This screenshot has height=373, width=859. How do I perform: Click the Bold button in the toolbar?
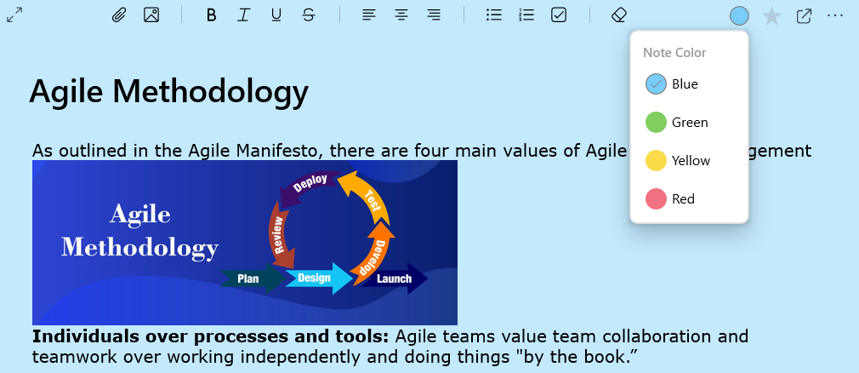(x=212, y=15)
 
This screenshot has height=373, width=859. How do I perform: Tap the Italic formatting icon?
(x=243, y=15)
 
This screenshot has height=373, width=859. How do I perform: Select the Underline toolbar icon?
(x=276, y=15)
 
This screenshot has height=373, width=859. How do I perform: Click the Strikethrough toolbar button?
(x=309, y=15)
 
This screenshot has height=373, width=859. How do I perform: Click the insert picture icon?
(x=151, y=15)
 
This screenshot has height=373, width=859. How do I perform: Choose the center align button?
(x=401, y=15)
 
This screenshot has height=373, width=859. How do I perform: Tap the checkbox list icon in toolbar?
(x=558, y=15)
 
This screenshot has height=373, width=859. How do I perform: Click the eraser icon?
(x=618, y=15)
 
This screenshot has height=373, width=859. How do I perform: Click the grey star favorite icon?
(x=771, y=16)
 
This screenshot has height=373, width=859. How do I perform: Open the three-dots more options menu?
(x=835, y=15)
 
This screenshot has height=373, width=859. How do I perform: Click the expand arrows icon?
(x=14, y=15)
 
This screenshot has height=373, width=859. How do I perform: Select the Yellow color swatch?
(x=656, y=161)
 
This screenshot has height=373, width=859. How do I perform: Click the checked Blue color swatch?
(x=656, y=84)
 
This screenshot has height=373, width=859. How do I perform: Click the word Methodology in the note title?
(x=210, y=92)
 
